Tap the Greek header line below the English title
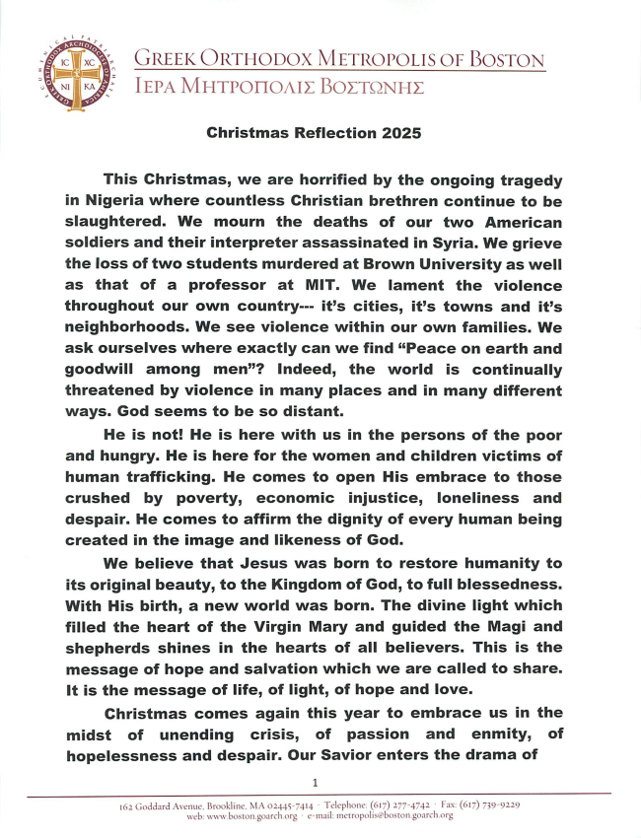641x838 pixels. pyautogui.click(x=279, y=87)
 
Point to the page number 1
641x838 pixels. pyautogui.click(x=315, y=781)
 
